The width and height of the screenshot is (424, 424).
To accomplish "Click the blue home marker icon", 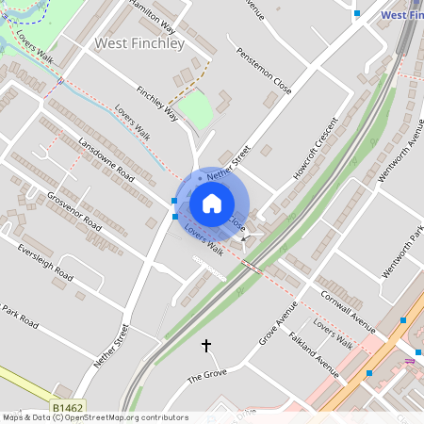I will (212, 204).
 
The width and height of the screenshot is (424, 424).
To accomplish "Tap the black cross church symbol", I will (206, 346).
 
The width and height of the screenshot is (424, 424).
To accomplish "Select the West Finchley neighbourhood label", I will (139, 42).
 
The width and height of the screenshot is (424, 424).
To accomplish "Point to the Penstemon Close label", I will (263, 72).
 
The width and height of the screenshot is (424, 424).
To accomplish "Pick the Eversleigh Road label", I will (45, 262).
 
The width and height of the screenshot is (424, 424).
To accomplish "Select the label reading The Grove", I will (208, 376).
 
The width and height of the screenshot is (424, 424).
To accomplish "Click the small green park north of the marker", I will (196, 109).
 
